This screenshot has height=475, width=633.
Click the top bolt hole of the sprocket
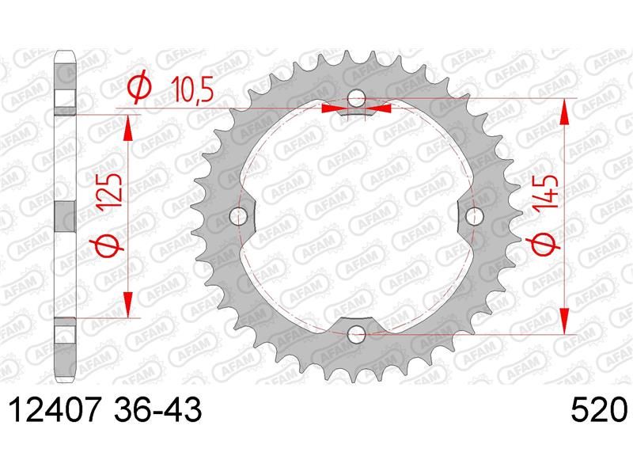point(357,98)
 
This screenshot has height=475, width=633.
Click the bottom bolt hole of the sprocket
point(357,334)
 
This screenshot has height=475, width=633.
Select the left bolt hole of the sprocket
point(239,216)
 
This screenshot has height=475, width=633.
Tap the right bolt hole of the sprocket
point(474,216)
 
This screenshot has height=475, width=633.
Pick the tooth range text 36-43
point(157,409)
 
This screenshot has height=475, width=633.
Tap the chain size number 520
point(599,409)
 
